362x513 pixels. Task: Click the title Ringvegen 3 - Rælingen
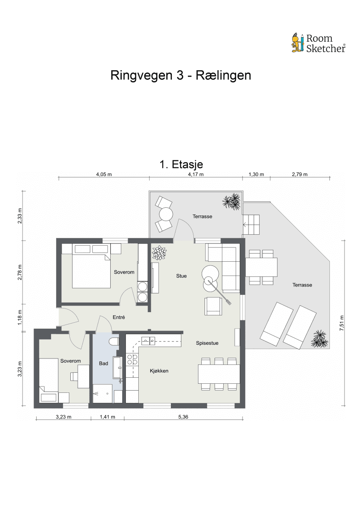tap(181, 75)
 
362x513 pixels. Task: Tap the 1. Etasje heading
tap(181, 164)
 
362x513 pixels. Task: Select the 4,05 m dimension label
tap(103, 174)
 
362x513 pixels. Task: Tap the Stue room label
tap(181, 276)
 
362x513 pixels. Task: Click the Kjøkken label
tap(159, 371)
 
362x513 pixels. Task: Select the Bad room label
tap(103, 364)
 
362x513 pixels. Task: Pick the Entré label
tap(119, 317)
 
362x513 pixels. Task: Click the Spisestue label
tap(207, 343)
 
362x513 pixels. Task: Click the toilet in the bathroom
tap(113, 342)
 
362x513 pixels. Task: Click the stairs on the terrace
tap(252, 225)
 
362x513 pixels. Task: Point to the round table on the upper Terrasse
tap(165, 214)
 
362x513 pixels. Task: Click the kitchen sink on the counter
tap(148, 340)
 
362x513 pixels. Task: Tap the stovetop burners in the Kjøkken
tap(132, 359)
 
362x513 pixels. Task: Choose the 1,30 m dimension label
tap(256, 174)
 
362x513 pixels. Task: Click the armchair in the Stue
tap(213, 306)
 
